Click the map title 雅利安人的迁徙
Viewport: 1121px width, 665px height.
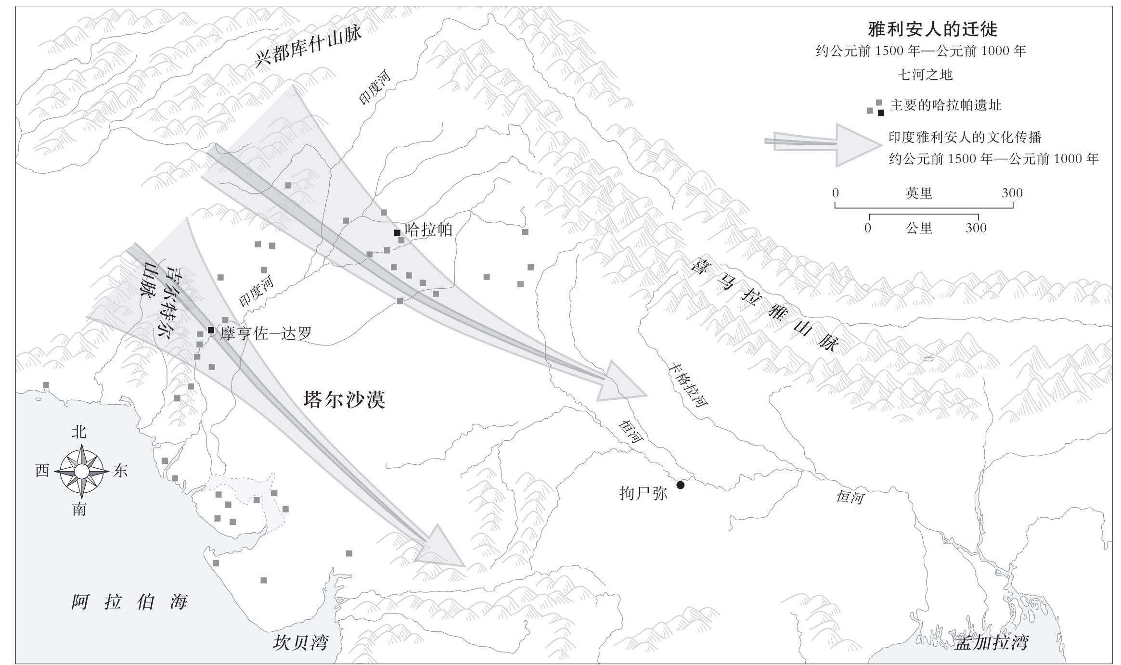(932, 29)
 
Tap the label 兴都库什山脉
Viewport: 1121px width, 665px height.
(308, 47)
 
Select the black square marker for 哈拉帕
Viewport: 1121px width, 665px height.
(397, 233)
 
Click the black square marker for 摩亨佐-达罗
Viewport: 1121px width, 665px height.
(211, 330)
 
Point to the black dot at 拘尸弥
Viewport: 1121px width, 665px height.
(680, 485)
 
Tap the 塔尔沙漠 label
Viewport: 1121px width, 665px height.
(344, 399)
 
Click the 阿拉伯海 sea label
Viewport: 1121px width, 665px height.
(129, 601)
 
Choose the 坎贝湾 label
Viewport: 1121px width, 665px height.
(300, 642)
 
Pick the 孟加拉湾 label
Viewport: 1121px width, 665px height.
(992, 642)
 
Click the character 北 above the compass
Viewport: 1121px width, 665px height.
(79, 432)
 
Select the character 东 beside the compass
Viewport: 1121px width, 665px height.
(120, 471)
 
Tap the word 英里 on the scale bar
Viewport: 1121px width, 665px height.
(919, 193)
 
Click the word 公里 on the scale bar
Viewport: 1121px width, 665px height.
(919, 228)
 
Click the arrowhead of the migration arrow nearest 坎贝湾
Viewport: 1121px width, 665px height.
(440, 547)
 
